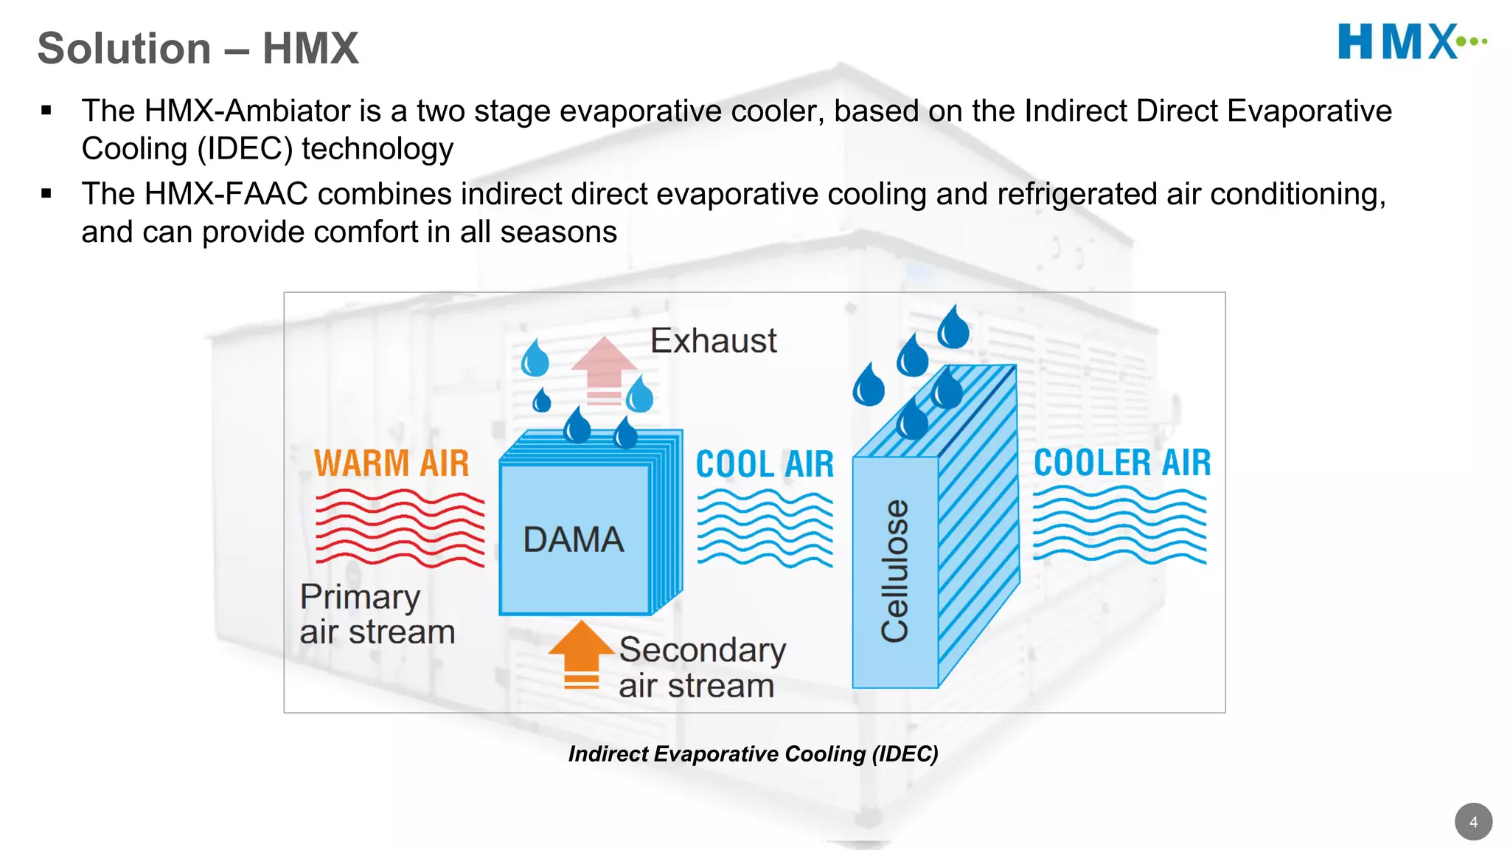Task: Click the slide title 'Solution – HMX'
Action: click(198, 49)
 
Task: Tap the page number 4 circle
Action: click(1473, 822)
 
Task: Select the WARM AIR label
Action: click(392, 463)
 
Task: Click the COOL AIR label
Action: click(765, 465)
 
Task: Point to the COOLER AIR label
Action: click(1122, 463)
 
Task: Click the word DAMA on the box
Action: click(573, 539)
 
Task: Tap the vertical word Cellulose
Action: click(895, 570)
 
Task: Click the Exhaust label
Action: click(713, 341)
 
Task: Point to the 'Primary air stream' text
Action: click(377, 614)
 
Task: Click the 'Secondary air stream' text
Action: click(701, 668)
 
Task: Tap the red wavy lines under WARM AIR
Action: click(400, 528)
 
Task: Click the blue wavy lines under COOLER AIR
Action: click(1119, 525)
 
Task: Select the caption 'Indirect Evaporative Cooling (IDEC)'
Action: click(753, 754)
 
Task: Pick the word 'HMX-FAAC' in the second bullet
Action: click(226, 195)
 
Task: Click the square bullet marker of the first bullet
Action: click(46, 111)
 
